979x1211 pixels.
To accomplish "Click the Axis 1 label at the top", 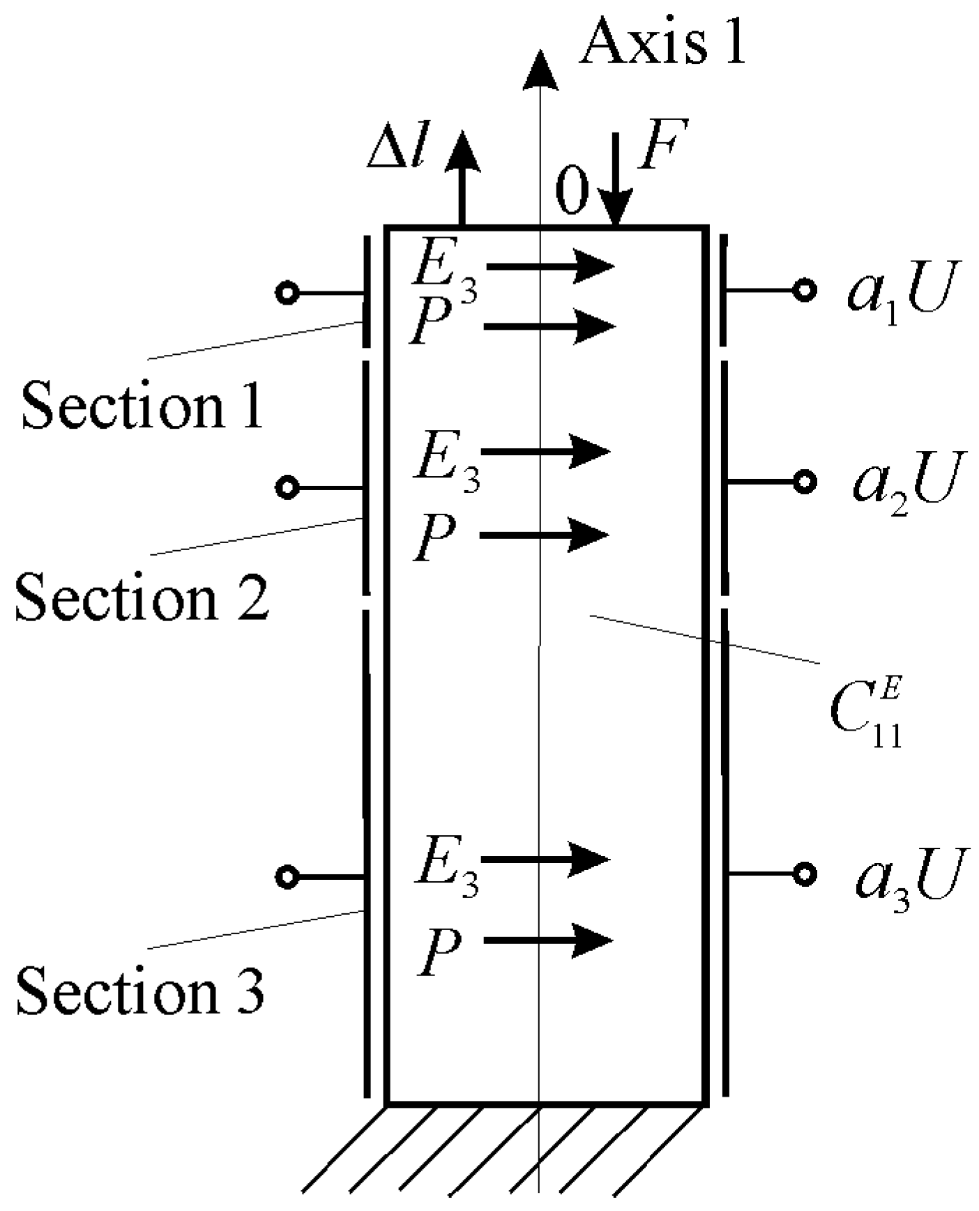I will coord(662,42).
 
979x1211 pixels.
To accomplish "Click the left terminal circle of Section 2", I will coord(287,487).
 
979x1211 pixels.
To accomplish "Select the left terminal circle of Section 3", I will coord(287,876).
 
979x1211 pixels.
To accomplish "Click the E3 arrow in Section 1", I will coord(551,266).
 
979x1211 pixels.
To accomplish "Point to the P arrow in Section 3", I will coord(547,940).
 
